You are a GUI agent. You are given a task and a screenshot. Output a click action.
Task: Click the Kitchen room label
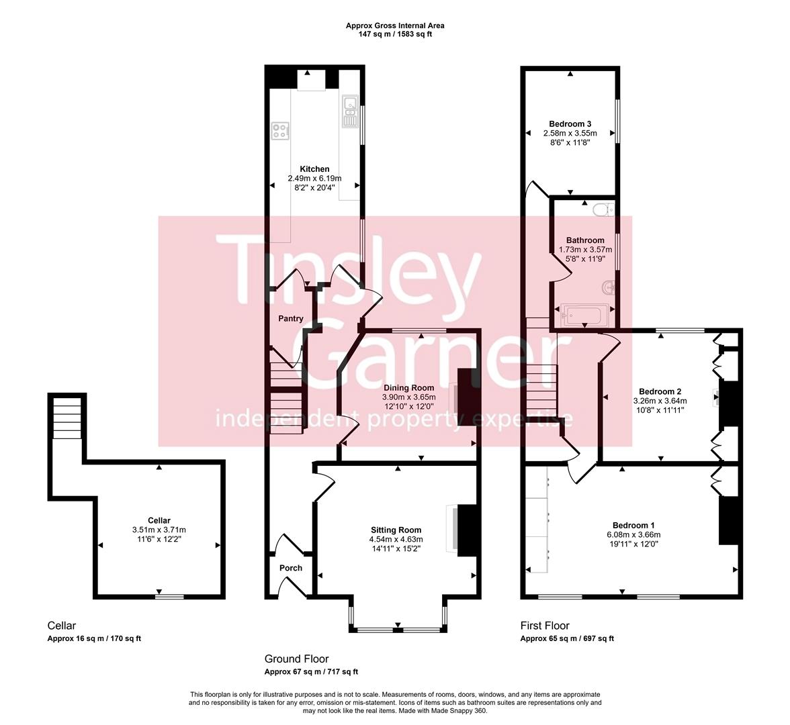(314, 169)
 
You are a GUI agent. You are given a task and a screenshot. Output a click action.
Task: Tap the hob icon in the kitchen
(280, 131)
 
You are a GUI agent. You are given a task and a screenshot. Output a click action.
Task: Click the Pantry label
(290, 319)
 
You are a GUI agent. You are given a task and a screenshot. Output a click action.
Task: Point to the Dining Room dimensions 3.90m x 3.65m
(409, 397)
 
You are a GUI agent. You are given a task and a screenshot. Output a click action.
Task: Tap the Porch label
(290, 568)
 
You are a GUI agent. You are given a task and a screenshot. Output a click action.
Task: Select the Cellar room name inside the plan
(159, 520)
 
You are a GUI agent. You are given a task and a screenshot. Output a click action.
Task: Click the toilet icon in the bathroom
(603, 209)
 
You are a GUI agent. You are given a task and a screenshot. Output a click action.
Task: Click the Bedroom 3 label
(570, 124)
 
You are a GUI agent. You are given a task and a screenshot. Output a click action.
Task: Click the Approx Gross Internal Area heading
(394, 26)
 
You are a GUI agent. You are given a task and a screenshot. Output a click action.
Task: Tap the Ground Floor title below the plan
(296, 659)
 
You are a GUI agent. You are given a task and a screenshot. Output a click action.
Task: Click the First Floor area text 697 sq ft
(595, 639)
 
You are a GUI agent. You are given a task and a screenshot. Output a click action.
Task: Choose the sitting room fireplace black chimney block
(466, 530)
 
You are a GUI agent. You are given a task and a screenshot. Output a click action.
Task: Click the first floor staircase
(541, 390)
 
